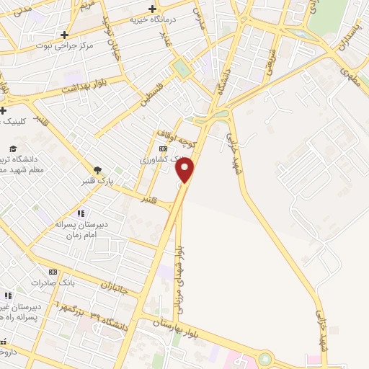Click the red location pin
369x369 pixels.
click(x=186, y=170)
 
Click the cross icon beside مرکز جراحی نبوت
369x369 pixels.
click(x=65, y=34)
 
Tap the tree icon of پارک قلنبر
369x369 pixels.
click(x=97, y=170)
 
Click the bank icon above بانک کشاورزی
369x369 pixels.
click(x=162, y=148)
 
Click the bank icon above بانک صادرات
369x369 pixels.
click(x=52, y=272)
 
